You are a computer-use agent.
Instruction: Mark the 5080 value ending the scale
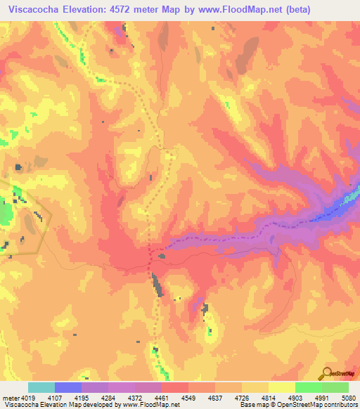[x=347, y=398]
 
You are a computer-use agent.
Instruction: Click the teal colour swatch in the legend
[x=41, y=387]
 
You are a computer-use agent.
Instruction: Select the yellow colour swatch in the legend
[x=281, y=387]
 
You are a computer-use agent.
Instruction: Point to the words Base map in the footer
[x=250, y=405]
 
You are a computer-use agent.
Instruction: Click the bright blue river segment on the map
[x=345, y=201]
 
